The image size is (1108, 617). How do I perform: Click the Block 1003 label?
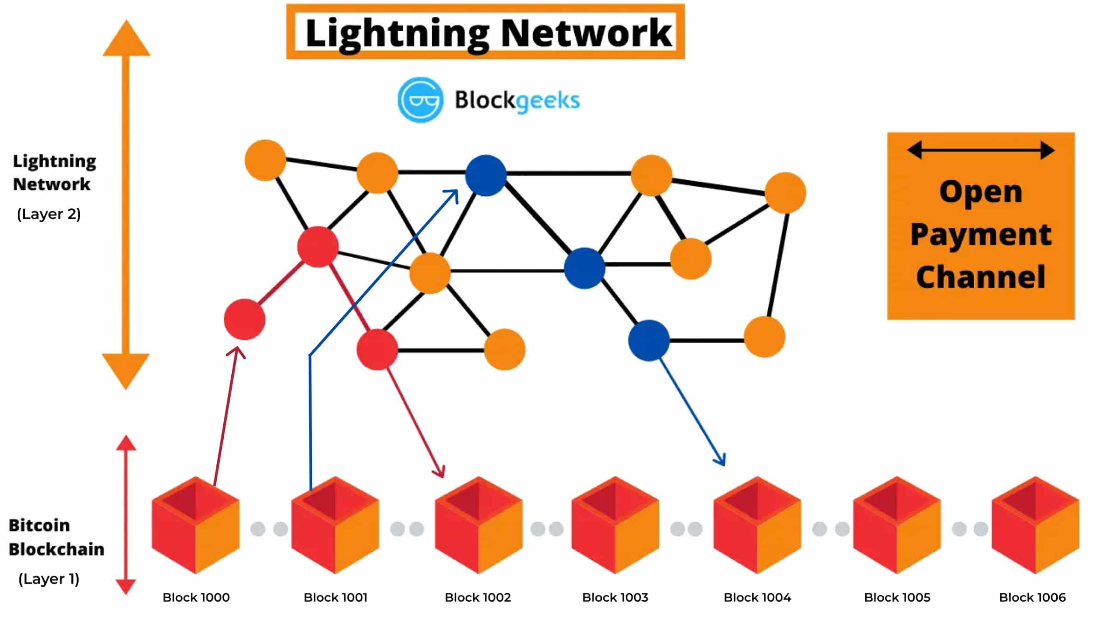pyautogui.click(x=615, y=597)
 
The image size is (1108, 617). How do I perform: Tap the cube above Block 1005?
pyautogui.click(x=896, y=525)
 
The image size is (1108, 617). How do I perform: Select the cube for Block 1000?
pyautogui.click(x=196, y=525)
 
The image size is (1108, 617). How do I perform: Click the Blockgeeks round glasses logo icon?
pyautogui.click(x=420, y=100)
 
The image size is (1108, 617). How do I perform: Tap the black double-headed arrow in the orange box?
pyautogui.click(x=981, y=150)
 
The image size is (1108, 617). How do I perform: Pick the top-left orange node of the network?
pyautogui.click(x=265, y=160)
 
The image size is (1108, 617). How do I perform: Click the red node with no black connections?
pyautogui.click(x=244, y=319)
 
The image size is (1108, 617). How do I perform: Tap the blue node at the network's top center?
pyautogui.click(x=486, y=175)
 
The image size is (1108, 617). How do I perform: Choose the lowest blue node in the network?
pyautogui.click(x=648, y=340)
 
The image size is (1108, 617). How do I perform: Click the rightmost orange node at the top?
pyautogui.click(x=785, y=192)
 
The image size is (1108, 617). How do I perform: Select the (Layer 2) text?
pyautogui.click(x=49, y=214)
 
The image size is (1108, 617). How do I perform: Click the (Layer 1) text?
pyautogui.click(x=49, y=579)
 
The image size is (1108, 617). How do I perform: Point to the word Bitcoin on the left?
pyautogui.click(x=39, y=525)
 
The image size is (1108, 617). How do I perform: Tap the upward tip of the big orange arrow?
pyautogui.click(x=126, y=23)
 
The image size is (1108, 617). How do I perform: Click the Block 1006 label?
pyautogui.click(x=1032, y=597)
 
